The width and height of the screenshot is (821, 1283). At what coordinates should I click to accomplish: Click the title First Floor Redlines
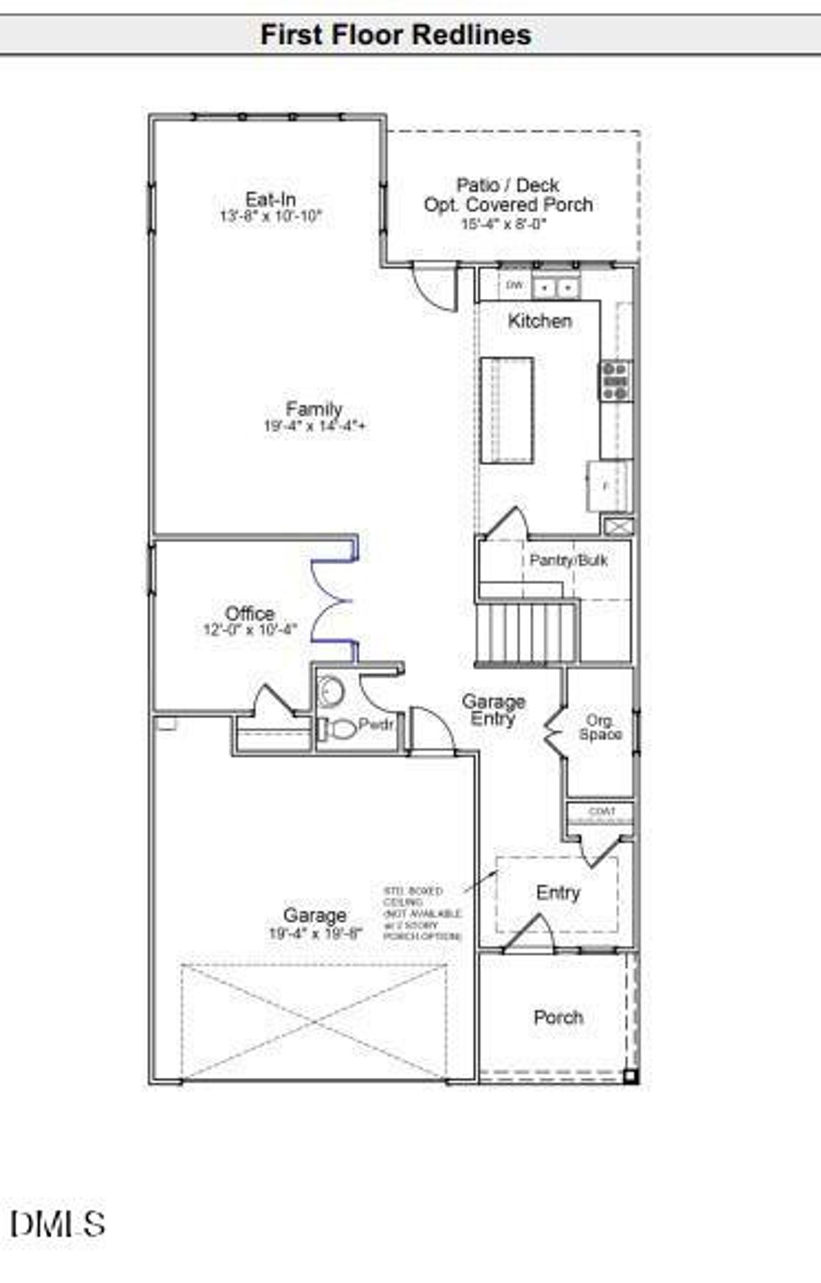click(x=396, y=35)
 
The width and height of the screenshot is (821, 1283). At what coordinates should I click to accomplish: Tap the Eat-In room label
click(x=271, y=199)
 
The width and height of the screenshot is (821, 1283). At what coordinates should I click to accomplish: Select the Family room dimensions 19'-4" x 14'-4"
click(x=314, y=425)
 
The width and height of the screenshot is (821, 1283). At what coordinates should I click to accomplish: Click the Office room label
click(x=250, y=613)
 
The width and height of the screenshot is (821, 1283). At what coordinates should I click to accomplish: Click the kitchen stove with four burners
click(x=616, y=380)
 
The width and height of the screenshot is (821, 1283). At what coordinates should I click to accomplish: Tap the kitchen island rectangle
click(x=507, y=410)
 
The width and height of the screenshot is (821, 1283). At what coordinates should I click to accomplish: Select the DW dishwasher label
click(x=514, y=285)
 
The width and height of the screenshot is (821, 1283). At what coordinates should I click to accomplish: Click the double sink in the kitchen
click(x=555, y=288)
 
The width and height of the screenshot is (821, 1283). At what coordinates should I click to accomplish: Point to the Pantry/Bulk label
click(x=568, y=560)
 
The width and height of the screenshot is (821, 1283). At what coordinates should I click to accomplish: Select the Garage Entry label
click(x=493, y=710)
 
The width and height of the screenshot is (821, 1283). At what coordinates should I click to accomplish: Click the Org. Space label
click(x=600, y=727)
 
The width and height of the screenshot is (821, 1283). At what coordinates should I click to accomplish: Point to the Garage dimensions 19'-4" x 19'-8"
click(x=315, y=933)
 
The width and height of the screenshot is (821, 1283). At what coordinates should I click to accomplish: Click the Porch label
click(x=559, y=1017)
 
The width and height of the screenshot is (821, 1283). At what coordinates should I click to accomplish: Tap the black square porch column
click(x=631, y=1075)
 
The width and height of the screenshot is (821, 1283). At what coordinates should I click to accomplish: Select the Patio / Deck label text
click(x=507, y=185)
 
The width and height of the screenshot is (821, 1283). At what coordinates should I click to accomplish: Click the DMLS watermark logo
click(x=58, y=1223)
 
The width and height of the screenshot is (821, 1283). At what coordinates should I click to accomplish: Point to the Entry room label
click(x=558, y=892)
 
